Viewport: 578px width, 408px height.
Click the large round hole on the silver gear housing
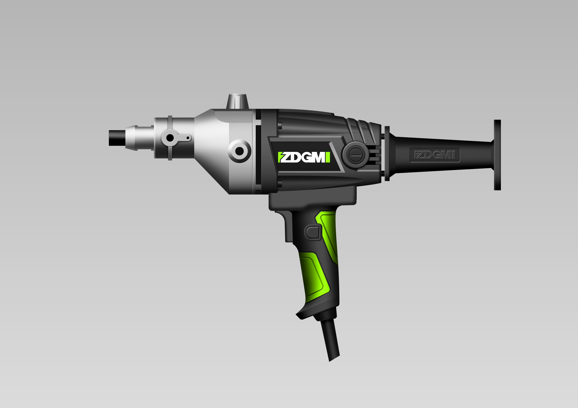click(239, 151)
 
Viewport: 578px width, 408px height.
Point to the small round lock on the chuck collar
click(170, 138)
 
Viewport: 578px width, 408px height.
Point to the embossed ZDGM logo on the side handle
click(435, 155)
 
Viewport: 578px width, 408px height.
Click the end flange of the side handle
click(497, 155)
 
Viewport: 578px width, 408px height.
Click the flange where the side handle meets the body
click(387, 153)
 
